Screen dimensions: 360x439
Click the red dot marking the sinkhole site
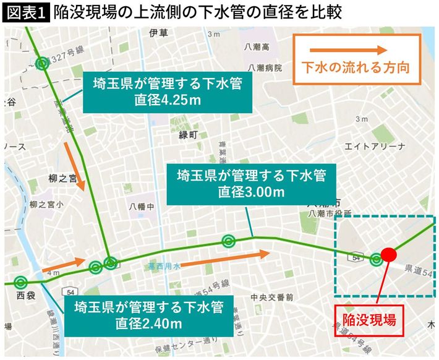tap(388, 254)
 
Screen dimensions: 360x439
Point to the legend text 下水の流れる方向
tap(356, 67)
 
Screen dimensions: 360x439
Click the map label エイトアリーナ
tap(375, 146)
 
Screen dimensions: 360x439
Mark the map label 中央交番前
tap(271, 297)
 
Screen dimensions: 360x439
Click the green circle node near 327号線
tap(42, 63)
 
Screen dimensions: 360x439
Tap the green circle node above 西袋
tap(20, 283)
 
